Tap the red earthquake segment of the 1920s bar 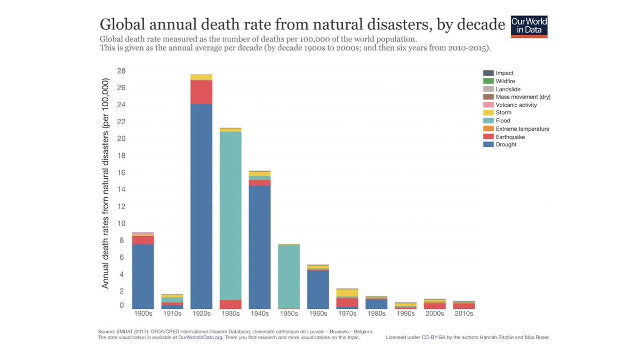(202, 92)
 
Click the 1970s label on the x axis (347, 314)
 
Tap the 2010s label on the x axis (463, 314)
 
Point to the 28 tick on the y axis (121, 71)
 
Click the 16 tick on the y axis (121, 173)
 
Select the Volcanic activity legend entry (516, 105)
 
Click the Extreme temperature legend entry (522, 129)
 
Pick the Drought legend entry (506, 145)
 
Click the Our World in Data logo (529, 27)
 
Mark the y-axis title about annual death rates (105, 185)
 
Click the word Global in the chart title (122, 25)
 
